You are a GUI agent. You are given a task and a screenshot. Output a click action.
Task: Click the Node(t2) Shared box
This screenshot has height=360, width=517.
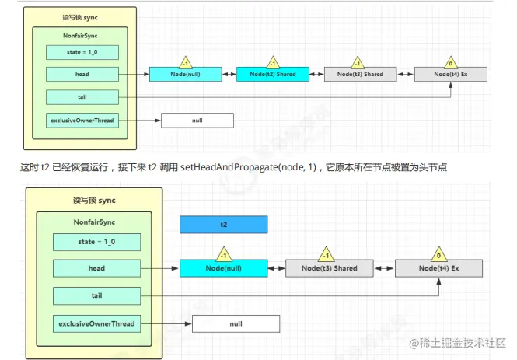(x=273, y=74)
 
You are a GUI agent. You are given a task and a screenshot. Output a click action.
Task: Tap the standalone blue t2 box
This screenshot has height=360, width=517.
(x=224, y=224)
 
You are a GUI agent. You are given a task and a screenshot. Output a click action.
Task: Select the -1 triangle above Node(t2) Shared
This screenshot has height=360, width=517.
(x=273, y=62)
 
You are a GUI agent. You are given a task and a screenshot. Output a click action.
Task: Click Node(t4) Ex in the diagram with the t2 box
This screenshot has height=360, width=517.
(x=440, y=268)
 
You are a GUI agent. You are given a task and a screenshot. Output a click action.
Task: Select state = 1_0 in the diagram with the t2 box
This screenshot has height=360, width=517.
(x=97, y=242)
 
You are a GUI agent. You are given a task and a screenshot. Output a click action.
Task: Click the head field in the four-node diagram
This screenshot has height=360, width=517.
(x=82, y=74)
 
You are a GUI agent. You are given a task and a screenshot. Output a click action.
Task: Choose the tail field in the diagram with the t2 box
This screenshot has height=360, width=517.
(x=97, y=296)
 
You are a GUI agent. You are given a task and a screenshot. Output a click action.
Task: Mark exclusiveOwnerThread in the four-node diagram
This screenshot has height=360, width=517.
(x=82, y=121)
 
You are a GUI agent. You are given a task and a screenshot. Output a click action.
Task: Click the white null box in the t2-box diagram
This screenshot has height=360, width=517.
(x=236, y=323)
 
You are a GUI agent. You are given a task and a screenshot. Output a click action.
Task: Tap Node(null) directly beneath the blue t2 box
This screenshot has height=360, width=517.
(x=224, y=268)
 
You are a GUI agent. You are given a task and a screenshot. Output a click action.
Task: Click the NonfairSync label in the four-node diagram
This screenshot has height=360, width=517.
(x=81, y=36)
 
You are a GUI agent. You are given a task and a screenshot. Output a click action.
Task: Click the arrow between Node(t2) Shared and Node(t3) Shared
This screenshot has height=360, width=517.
(x=315, y=74)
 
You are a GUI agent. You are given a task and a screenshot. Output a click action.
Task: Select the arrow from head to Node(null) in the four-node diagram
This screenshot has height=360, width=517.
(x=134, y=74)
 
